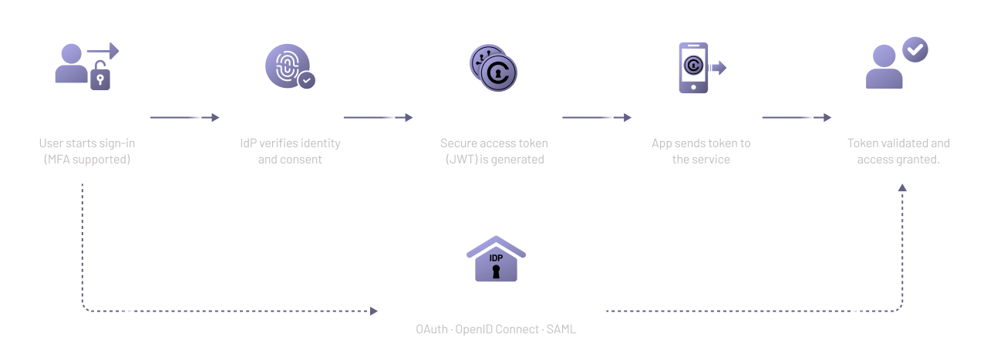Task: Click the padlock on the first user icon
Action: (x=101, y=79)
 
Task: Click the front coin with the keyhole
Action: (x=500, y=74)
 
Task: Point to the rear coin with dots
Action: (x=484, y=59)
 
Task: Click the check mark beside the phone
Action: (x=718, y=69)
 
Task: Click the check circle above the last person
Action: (x=915, y=48)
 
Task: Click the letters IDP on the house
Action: (x=496, y=257)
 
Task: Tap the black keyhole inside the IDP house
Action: (x=496, y=272)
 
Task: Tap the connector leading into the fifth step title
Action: (x=794, y=119)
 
